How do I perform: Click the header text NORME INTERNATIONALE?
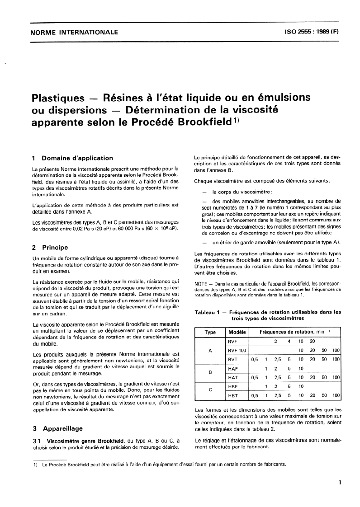click(73, 32)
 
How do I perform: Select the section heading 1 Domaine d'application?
click(72, 158)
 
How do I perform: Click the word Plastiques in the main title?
click(57, 98)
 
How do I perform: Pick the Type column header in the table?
click(210, 332)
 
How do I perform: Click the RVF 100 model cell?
click(237, 350)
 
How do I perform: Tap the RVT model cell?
click(232, 359)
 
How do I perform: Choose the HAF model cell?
click(232, 368)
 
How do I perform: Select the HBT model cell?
click(232, 395)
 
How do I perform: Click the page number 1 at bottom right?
click(339, 483)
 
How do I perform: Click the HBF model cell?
click(232, 386)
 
